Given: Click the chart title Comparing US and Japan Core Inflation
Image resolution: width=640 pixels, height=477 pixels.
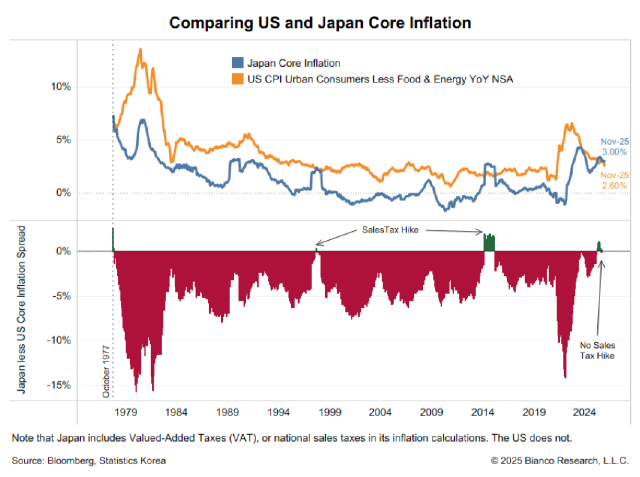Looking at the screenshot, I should [x=320, y=23].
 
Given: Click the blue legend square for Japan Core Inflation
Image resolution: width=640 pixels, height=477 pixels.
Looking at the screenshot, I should [x=238, y=63].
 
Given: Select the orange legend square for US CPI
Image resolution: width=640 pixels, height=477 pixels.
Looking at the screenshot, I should [x=238, y=79].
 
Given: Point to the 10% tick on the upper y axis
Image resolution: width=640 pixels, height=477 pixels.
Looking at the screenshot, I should [x=61, y=87].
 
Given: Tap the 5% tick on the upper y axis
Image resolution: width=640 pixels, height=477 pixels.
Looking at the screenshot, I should [x=63, y=139].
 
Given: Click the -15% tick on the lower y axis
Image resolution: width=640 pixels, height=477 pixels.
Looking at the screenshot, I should [x=59, y=385].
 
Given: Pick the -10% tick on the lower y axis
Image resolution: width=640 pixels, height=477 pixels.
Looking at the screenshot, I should [x=59, y=340].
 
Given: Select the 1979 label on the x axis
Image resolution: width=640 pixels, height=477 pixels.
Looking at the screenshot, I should [x=126, y=412].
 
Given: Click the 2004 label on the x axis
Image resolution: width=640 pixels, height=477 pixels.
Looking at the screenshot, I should [x=380, y=412].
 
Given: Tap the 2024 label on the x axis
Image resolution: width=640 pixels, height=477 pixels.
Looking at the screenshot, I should [x=584, y=412].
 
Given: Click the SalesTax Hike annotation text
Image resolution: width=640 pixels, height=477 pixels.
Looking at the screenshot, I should [x=390, y=230].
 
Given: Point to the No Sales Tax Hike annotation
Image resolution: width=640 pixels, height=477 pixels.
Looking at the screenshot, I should [x=597, y=350].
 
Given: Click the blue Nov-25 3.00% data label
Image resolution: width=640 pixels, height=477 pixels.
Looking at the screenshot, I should [x=614, y=147].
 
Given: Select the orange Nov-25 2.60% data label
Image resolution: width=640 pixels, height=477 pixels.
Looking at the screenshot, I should [x=614, y=180].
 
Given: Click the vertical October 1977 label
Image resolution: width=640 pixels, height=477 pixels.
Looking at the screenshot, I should [x=106, y=371].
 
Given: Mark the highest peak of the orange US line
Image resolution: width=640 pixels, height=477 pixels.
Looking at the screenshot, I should [x=140, y=50].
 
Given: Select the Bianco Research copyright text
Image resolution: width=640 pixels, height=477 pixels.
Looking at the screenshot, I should [x=559, y=461].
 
